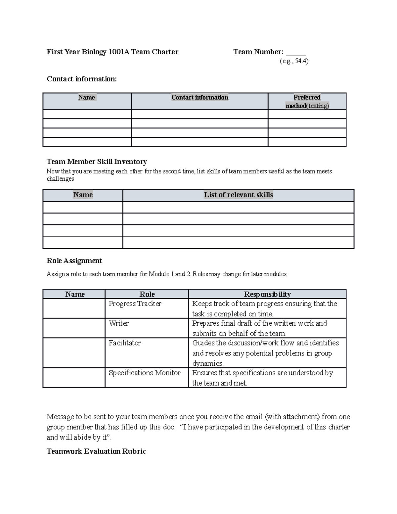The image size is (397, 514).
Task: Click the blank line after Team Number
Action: point(296,53)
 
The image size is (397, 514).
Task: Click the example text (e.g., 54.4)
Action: point(294,61)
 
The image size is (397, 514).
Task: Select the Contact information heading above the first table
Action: point(82,79)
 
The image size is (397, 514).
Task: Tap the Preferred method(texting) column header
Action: point(307,101)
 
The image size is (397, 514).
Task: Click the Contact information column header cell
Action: point(199,98)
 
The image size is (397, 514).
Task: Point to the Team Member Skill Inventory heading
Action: point(97,162)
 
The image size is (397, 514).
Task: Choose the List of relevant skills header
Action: point(238,195)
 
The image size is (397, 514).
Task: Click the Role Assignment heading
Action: point(74,261)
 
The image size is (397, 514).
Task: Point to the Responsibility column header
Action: point(267,294)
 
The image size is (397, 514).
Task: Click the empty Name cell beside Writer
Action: point(74,328)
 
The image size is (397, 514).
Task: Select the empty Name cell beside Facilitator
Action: point(74,352)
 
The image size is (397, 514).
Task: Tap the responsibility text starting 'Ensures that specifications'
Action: point(262,378)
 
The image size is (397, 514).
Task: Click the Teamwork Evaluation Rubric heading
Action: point(96,451)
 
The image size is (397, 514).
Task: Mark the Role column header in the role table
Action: point(147,294)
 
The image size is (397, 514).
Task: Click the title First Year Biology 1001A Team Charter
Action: point(112,52)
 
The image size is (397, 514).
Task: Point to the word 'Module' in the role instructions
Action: point(159,274)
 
